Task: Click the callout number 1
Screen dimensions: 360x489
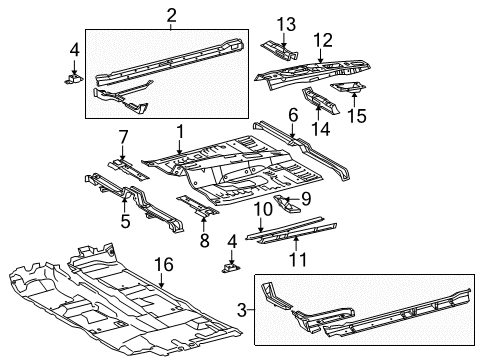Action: (x=180, y=130)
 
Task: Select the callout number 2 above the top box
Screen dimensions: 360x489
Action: (x=171, y=14)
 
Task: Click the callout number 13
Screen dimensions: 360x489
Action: (x=286, y=22)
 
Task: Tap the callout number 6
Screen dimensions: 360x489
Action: (x=292, y=117)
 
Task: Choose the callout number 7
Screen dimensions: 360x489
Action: (x=124, y=136)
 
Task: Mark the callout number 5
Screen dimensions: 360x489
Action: (x=125, y=221)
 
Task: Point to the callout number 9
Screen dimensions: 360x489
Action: (x=306, y=199)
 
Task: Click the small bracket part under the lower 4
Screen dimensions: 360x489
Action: (x=232, y=269)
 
